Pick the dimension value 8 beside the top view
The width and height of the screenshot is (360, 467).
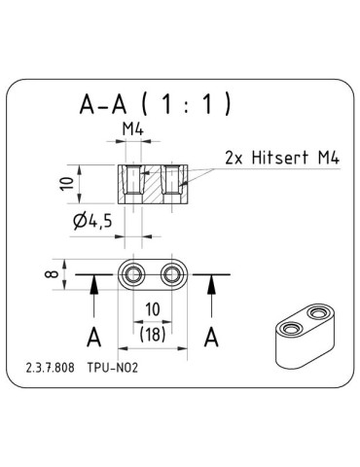click(50, 274)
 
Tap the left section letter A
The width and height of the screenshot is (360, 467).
click(93, 338)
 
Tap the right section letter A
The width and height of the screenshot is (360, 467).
click(210, 338)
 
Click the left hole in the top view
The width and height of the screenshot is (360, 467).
click(132, 274)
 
